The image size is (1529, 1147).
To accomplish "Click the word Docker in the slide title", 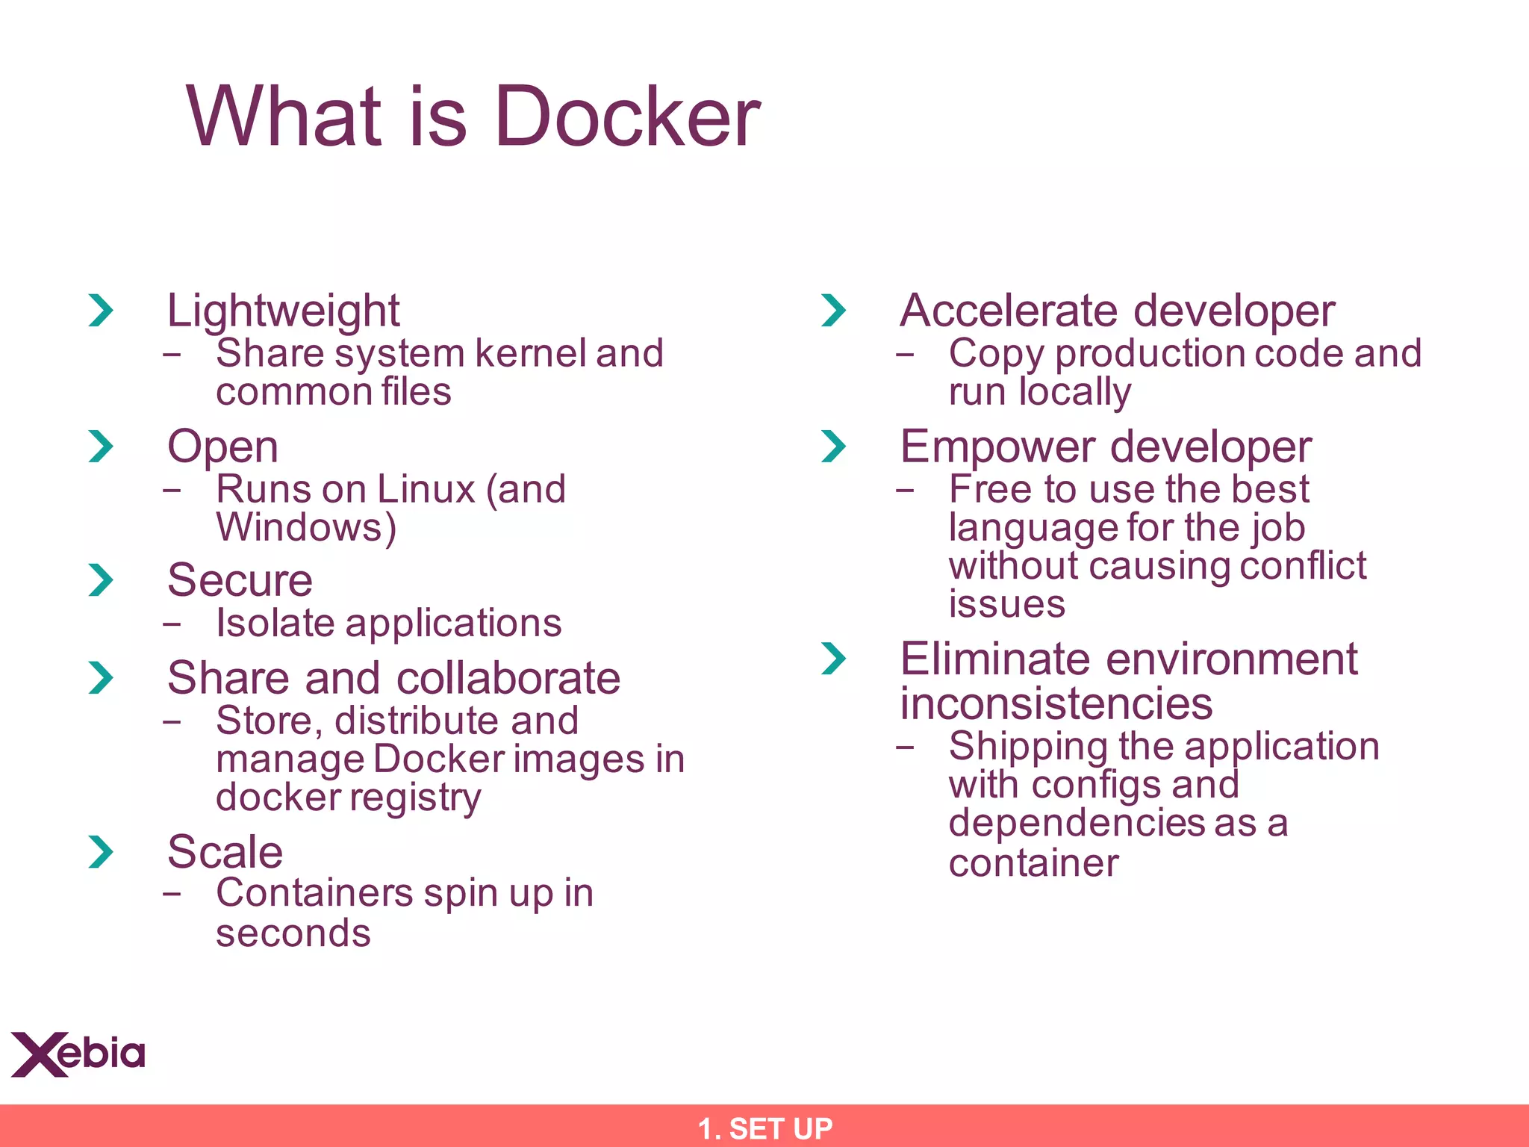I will (627, 116).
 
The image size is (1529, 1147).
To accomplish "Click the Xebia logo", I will (78, 1054).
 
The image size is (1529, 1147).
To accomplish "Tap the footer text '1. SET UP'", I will (764, 1128).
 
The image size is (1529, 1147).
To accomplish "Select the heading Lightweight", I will (283, 311).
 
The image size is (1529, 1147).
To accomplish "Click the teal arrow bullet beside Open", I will (100, 447).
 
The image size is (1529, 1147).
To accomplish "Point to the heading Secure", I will (240, 580).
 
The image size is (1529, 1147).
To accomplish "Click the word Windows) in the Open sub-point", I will (306, 527).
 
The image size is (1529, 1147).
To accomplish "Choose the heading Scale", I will (225, 851).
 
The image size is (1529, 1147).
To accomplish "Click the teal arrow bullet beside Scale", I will (100, 852).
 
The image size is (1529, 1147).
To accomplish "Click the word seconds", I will (293, 933).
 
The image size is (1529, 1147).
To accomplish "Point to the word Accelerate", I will (1008, 311).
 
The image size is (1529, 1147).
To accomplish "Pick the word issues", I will (1006, 604).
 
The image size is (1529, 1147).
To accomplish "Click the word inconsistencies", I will (1056, 703).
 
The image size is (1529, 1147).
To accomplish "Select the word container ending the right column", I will (1033, 863).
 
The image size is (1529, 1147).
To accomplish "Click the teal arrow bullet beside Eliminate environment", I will (833, 659).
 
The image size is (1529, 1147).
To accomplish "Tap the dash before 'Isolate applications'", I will (172, 624).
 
